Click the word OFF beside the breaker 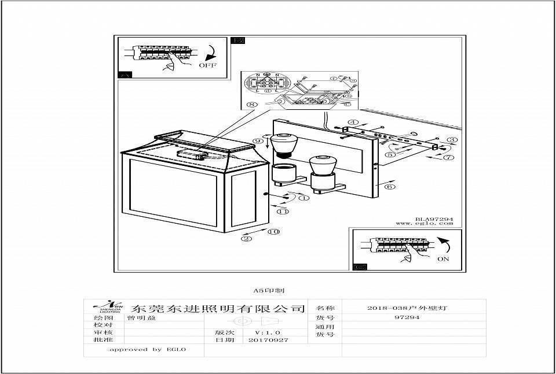207,65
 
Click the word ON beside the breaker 443,259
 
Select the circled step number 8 251,105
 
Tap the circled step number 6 390,187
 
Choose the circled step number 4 353,123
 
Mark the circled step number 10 273,232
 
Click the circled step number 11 283,212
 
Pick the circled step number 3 452,140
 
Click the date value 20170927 268,340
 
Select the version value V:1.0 268,332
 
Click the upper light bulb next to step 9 283,145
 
